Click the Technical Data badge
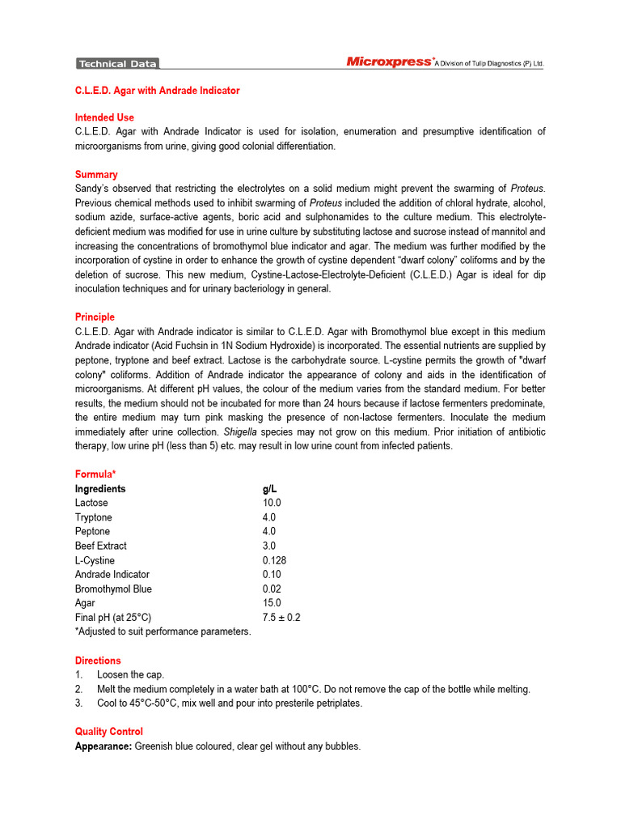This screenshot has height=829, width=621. [x=117, y=64]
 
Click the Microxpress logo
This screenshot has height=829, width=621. [x=389, y=62]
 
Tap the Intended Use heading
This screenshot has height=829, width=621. [x=104, y=117]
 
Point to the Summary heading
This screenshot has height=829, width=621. [x=96, y=174]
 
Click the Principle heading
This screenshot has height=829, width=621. [x=95, y=317]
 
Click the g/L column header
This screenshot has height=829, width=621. [x=269, y=489]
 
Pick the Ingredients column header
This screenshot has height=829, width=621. [x=100, y=489]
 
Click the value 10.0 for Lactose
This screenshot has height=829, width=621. [x=272, y=503]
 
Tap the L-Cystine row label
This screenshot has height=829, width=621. [x=95, y=560]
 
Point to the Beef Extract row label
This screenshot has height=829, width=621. [x=101, y=546]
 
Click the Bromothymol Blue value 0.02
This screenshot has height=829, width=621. [x=272, y=589]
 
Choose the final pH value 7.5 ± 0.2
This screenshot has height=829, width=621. [x=281, y=617]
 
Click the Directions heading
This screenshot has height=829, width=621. [x=98, y=661]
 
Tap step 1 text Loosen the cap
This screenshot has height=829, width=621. [x=130, y=674]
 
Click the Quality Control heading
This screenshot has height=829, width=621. [x=109, y=732]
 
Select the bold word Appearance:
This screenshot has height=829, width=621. [x=103, y=746]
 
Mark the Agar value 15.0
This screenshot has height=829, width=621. [x=272, y=603]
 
